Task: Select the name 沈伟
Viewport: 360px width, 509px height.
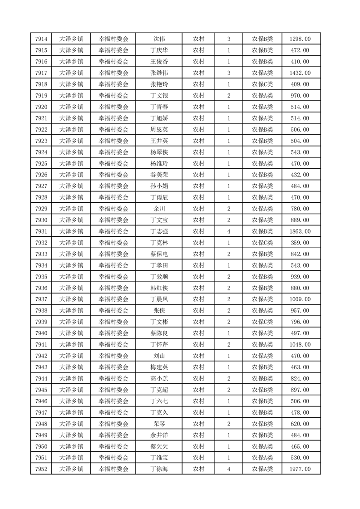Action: (159, 39)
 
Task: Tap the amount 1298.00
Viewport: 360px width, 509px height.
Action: (300, 39)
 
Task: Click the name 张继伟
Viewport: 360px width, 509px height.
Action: (159, 73)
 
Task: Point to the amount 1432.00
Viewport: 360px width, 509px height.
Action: (300, 73)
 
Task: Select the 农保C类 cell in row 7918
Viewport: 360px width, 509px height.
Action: (262, 84)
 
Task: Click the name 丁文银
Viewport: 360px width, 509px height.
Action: (159, 96)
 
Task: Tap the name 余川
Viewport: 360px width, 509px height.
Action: (159, 209)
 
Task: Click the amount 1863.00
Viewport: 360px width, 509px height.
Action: (300, 231)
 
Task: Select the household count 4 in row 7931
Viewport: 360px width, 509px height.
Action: (228, 231)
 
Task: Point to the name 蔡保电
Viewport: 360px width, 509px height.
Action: (159, 254)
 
